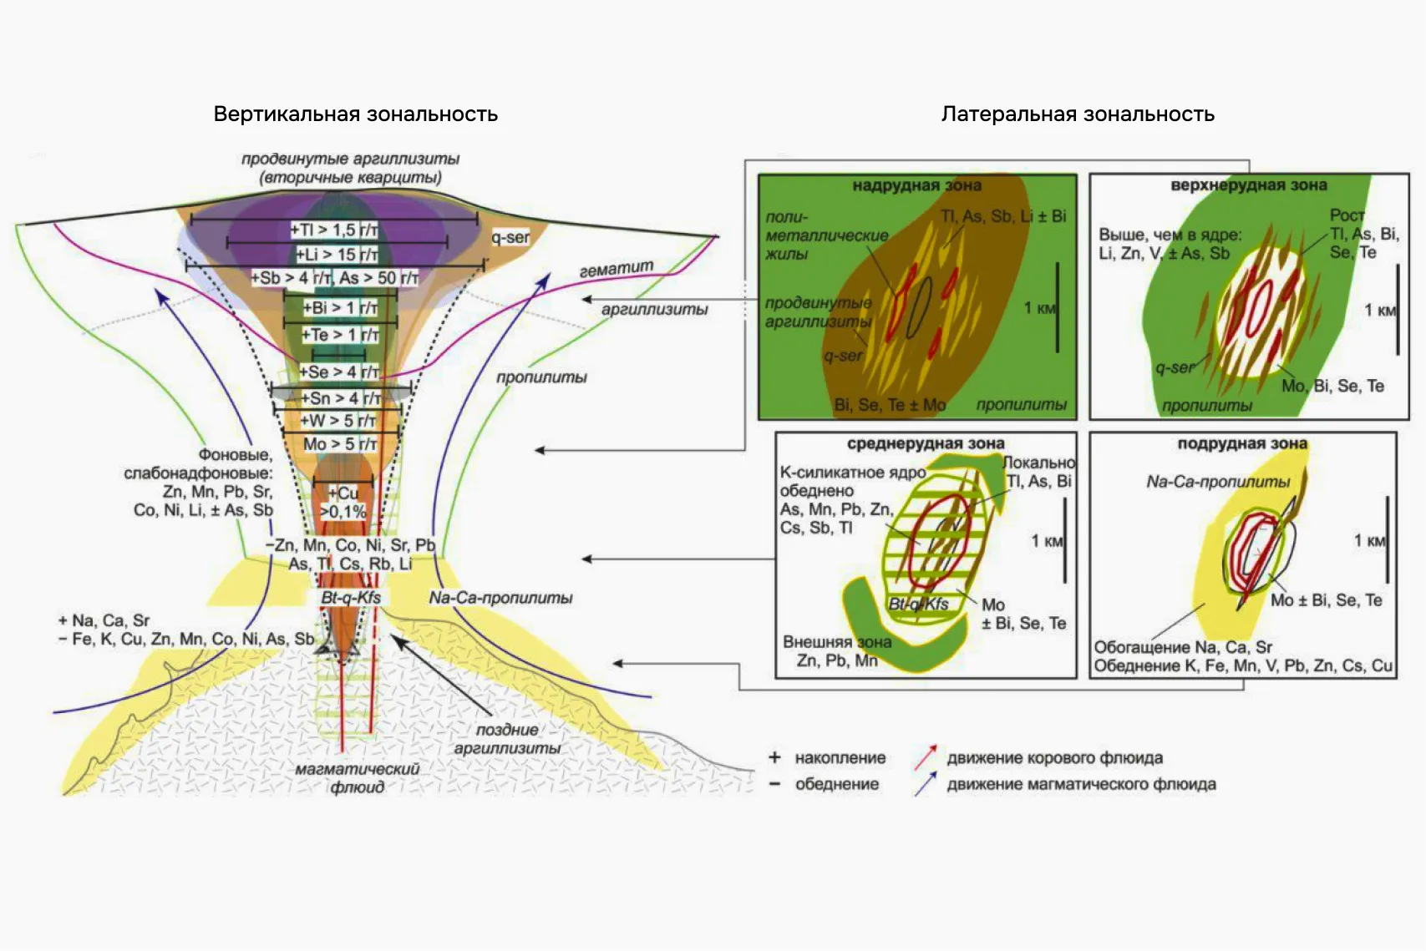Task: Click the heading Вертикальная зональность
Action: pos(355,114)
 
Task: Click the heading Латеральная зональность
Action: pos(1077,114)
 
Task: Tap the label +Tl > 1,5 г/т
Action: pos(334,230)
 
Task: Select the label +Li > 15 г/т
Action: pos(337,255)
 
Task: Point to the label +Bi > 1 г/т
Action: pos(340,308)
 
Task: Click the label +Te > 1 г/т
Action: pos(340,335)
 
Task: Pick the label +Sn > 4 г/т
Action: pos(340,398)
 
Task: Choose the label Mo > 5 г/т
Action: pos(339,444)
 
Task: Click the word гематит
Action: pos(616,269)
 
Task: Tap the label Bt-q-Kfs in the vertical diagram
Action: pos(351,598)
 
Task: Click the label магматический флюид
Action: pos(357,777)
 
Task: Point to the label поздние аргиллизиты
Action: pos(507,739)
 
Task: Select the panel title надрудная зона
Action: pos(916,185)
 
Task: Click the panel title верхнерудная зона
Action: pos(1248,185)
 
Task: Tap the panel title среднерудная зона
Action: pos(926,443)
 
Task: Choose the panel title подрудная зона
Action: pos(1242,443)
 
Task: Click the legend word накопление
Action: pos(840,758)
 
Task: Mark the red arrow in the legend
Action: pos(925,757)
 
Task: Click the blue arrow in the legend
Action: pos(925,784)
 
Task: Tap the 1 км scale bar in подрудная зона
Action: pos(1387,540)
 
